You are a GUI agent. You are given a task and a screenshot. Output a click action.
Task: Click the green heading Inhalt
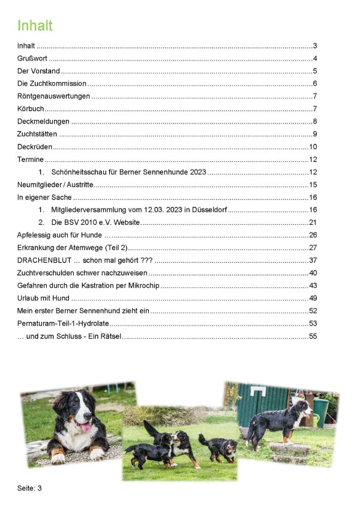(x=35, y=26)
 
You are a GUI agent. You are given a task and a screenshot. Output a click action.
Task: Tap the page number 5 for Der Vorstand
(x=314, y=71)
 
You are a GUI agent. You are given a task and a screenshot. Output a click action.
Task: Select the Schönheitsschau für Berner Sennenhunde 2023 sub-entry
(x=128, y=172)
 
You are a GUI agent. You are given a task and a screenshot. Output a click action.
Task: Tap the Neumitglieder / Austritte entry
(x=55, y=185)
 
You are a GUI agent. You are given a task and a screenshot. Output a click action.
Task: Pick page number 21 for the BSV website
(x=313, y=222)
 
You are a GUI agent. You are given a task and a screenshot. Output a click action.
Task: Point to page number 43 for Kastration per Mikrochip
(x=313, y=285)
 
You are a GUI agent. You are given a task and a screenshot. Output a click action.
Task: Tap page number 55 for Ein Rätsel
(x=313, y=336)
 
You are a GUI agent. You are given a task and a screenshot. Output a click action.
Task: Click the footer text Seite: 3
(x=29, y=488)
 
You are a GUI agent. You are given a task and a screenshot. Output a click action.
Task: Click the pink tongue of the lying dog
(x=86, y=427)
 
